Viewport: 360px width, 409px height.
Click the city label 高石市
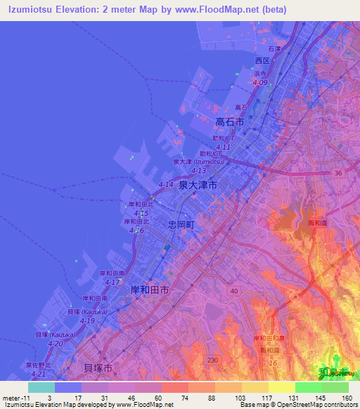(x=230, y=122)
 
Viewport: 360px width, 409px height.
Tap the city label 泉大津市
(x=198, y=185)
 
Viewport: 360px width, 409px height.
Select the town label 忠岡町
(x=181, y=225)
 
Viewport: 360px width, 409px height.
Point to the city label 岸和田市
(x=150, y=289)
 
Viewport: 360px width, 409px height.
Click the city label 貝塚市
(x=98, y=368)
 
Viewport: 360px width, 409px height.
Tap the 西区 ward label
(x=262, y=60)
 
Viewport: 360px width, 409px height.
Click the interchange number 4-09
(x=260, y=83)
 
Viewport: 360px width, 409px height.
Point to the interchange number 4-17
(x=112, y=282)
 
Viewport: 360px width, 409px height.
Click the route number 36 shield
(x=338, y=173)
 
